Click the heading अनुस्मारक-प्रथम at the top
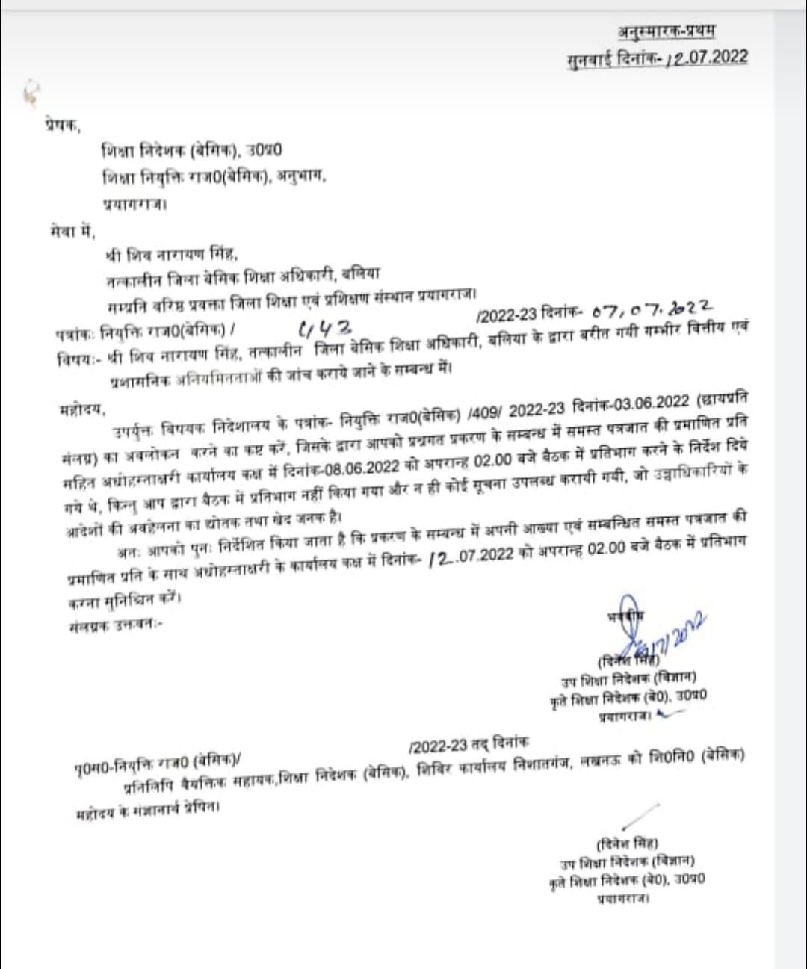pos(667,31)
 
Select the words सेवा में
pos(68,230)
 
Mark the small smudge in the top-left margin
pos(30,92)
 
